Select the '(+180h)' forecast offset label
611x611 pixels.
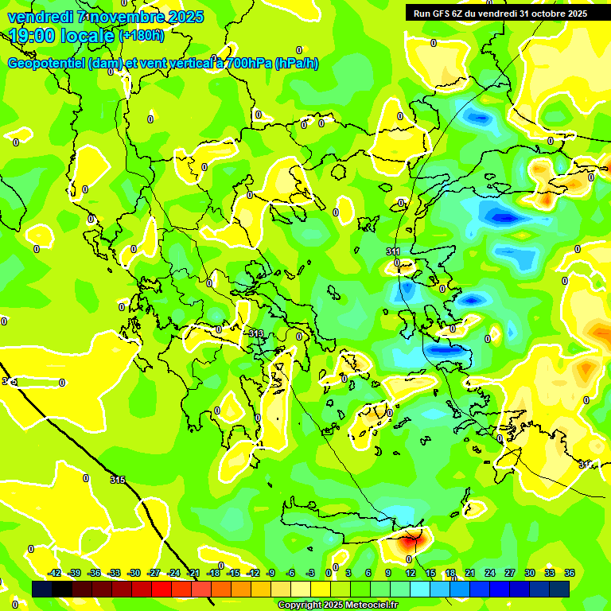[x=141, y=36]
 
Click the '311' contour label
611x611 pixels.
[x=393, y=251]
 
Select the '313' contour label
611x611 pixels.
[x=255, y=333]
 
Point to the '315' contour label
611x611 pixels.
[x=117, y=480]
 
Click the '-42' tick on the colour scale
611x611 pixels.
[x=55, y=573]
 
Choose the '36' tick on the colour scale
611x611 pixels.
[x=570, y=573]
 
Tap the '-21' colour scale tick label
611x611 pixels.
[x=193, y=573]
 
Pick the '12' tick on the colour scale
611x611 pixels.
[x=410, y=573]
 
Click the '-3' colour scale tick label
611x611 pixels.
[x=311, y=573]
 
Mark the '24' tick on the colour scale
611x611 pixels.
[x=489, y=573]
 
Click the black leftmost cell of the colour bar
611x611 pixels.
[x=42, y=588]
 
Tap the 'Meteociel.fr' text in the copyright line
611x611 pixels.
[x=371, y=605]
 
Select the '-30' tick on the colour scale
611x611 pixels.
[x=134, y=573]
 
